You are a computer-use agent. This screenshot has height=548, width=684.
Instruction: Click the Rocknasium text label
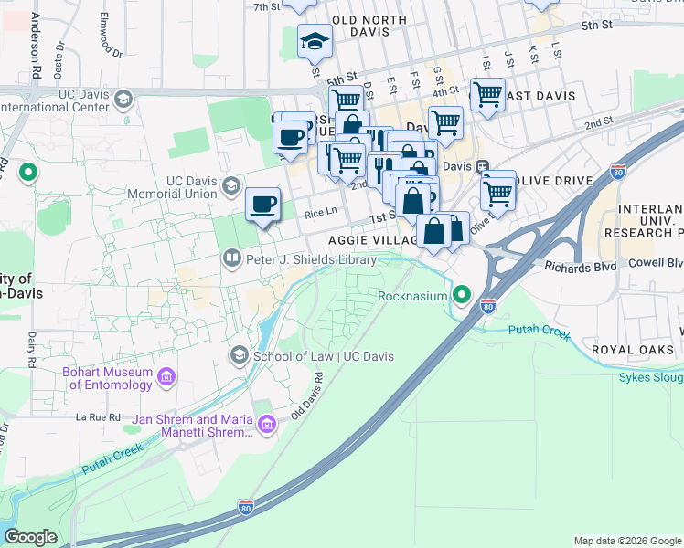413,296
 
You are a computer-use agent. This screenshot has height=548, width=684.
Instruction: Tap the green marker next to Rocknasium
463,295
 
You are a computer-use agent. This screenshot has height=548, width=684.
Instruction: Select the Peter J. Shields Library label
310,260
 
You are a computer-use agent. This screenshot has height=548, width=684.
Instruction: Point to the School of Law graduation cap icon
240,354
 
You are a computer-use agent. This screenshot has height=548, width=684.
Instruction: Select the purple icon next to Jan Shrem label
266,424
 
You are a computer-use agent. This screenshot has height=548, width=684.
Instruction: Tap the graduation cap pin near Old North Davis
315,41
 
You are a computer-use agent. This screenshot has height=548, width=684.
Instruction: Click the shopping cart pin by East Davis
487,93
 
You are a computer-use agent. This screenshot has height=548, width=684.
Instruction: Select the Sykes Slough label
650,376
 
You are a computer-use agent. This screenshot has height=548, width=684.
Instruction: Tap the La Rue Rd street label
98,416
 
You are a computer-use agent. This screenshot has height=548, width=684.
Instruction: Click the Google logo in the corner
30,537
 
